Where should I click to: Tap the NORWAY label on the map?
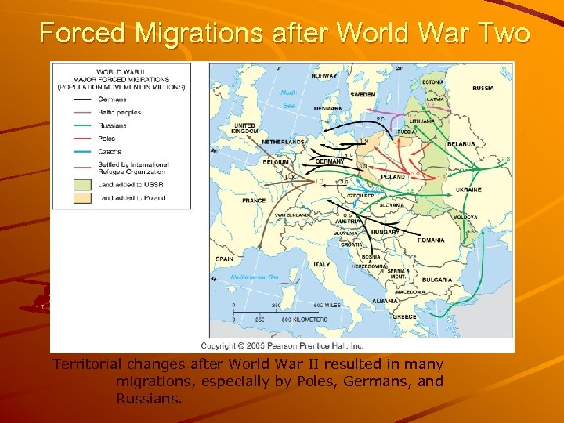tap(324, 76)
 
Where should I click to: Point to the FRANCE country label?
tap(254, 201)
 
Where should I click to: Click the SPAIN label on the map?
tap(225, 258)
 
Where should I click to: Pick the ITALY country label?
tap(322, 264)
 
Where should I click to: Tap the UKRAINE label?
tap(469, 190)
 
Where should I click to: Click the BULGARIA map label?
tap(436, 280)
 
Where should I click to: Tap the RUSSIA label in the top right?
tap(483, 88)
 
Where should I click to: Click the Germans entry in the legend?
tap(110, 99)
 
